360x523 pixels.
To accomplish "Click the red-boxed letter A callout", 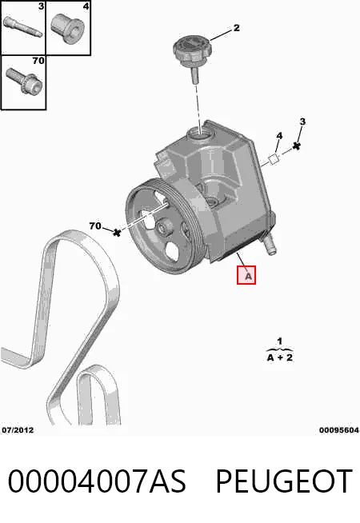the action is point(246,275).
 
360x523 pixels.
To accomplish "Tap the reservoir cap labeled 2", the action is point(193,58).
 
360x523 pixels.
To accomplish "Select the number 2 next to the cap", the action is point(236,28).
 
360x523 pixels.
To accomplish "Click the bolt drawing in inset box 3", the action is point(23,27).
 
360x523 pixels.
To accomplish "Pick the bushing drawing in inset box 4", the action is point(67,29).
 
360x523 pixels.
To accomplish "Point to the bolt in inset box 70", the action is point(24,81).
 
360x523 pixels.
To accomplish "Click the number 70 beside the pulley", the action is point(95,226).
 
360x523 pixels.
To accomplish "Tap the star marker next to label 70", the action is point(117,233).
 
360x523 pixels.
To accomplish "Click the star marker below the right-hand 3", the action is point(296,146).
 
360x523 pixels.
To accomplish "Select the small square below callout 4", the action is point(274,159).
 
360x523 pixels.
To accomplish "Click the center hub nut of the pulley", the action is point(163,229).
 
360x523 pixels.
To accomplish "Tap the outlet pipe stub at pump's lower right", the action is point(270,244).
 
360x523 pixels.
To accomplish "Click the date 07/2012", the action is point(18,430).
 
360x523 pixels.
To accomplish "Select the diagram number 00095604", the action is point(339,430).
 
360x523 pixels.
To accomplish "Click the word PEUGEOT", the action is point(284,481).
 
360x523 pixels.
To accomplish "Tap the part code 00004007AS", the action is point(97,481).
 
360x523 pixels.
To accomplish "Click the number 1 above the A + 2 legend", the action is point(279,341).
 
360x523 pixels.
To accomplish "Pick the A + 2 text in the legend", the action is point(279,357).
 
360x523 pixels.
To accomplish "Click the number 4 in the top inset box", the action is point(86,6).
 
